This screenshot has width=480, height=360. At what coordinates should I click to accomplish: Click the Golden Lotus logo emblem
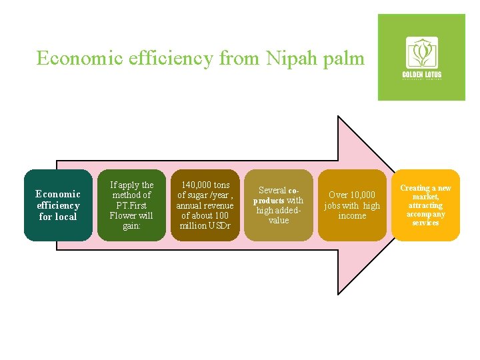(x=422, y=52)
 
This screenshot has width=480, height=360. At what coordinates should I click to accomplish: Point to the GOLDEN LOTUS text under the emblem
(x=422, y=74)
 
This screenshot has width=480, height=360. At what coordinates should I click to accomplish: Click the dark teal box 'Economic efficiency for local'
(x=58, y=205)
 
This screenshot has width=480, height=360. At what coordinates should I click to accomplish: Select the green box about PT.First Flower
(x=131, y=205)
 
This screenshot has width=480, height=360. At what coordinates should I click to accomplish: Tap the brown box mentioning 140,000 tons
(x=205, y=205)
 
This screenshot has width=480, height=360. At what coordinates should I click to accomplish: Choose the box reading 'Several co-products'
(x=278, y=205)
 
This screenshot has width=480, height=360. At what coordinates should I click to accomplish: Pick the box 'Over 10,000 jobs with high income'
(x=351, y=205)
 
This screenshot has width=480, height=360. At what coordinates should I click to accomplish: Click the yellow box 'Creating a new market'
(x=425, y=205)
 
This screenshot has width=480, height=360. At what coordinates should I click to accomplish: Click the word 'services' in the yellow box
(x=425, y=223)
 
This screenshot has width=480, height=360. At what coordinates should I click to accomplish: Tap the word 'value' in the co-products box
(x=279, y=221)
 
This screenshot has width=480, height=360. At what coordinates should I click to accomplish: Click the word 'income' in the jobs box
(x=352, y=216)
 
